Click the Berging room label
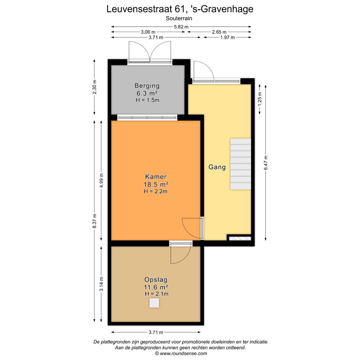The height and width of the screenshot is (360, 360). pyautogui.click(x=147, y=86)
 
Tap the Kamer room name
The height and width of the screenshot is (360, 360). pyautogui.click(x=156, y=177)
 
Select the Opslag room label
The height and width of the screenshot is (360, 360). pyautogui.click(x=156, y=280)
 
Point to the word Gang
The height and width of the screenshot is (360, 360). pyautogui.click(x=217, y=167)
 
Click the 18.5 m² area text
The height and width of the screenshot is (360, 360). pyautogui.click(x=156, y=184)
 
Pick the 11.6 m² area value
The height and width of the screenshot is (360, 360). pyautogui.click(x=156, y=287)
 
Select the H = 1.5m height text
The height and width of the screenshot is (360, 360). pyautogui.click(x=147, y=100)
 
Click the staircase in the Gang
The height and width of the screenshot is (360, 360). pyautogui.click(x=240, y=164)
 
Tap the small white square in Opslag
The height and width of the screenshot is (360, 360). pyautogui.click(x=154, y=303)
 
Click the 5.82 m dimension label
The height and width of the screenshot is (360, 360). pyautogui.click(x=181, y=26)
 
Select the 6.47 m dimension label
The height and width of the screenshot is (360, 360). pyautogui.click(x=266, y=163)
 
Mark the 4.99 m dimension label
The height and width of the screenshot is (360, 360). pyautogui.click(x=101, y=180)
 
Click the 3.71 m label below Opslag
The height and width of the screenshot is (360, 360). pyautogui.click(x=156, y=332)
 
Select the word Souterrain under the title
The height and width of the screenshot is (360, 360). pyautogui.click(x=179, y=19)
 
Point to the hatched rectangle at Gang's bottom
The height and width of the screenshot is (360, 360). pyautogui.click(x=240, y=238)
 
